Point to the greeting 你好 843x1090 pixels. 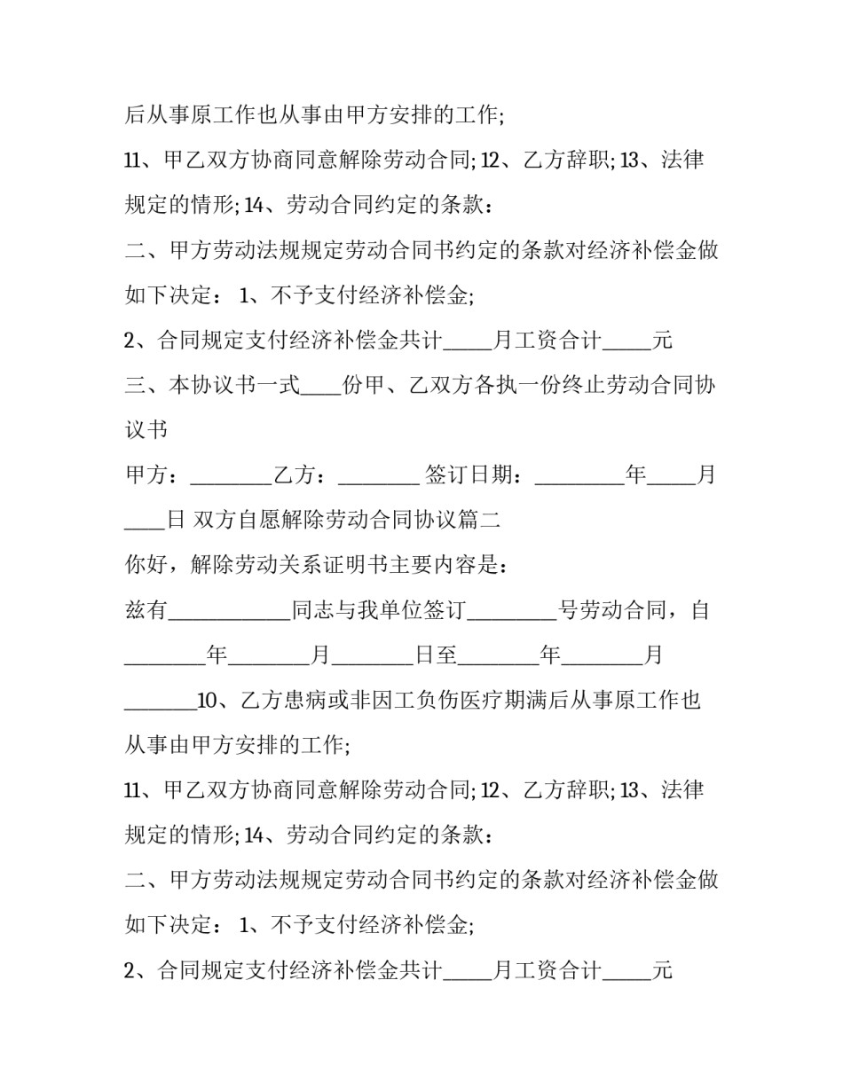click(x=146, y=566)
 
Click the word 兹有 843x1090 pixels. click(x=146, y=611)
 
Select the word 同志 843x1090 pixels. click(x=313, y=611)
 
